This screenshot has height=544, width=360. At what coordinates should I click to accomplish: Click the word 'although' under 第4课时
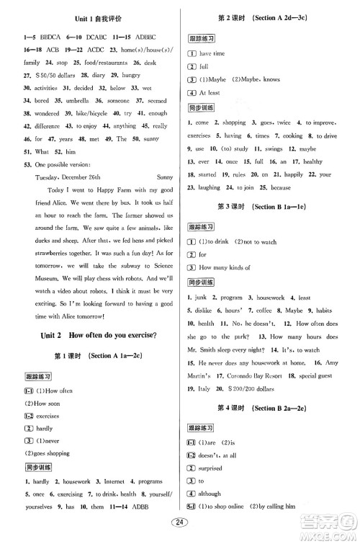coord(213,494)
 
